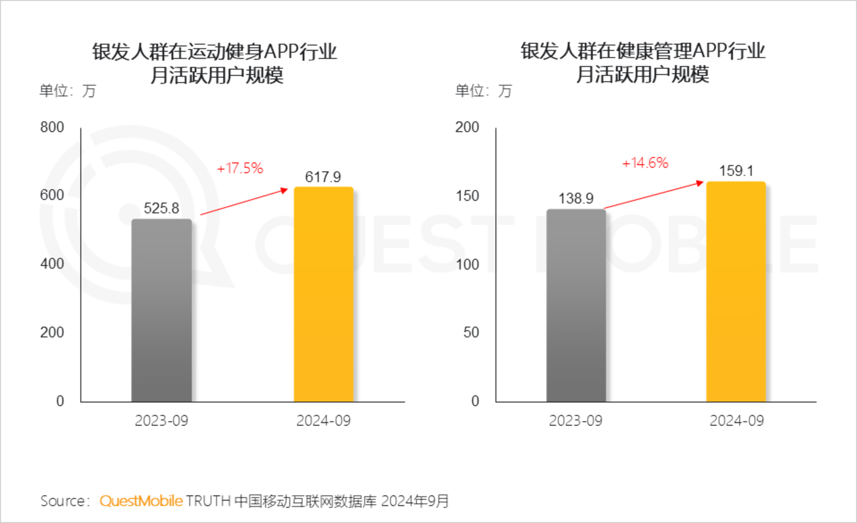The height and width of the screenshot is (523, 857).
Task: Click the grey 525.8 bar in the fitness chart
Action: click(x=161, y=310)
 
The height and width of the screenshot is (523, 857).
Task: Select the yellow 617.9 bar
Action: click(x=323, y=295)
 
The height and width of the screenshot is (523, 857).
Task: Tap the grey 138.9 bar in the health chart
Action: click(x=575, y=305)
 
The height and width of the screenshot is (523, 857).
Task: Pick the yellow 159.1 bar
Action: click(x=736, y=292)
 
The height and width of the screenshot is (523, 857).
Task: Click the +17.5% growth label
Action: click(x=240, y=168)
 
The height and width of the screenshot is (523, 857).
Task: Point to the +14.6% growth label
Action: click(x=645, y=163)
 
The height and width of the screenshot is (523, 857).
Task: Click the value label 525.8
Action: click(x=161, y=208)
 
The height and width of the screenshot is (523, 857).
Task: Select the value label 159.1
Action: click(x=736, y=171)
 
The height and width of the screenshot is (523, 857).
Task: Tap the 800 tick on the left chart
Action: click(x=52, y=127)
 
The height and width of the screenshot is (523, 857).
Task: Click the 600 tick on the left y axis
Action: click(x=52, y=195)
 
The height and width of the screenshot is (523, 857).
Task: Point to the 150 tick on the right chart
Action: click(x=467, y=196)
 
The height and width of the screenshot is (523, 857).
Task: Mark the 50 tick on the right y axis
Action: click(x=471, y=332)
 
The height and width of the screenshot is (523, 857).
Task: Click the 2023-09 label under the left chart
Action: click(x=161, y=421)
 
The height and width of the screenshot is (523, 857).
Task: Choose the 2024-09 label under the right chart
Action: click(x=736, y=421)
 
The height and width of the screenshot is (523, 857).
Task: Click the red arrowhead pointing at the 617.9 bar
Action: click(x=284, y=190)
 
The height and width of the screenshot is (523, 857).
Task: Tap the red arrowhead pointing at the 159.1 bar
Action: click(x=700, y=183)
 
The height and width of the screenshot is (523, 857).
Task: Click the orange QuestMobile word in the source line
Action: click(x=141, y=501)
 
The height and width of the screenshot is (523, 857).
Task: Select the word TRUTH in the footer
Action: click(x=208, y=501)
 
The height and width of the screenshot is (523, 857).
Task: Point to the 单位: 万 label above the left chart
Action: click(x=67, y=91)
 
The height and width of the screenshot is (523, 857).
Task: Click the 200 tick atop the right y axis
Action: click(x=467, y=127)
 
